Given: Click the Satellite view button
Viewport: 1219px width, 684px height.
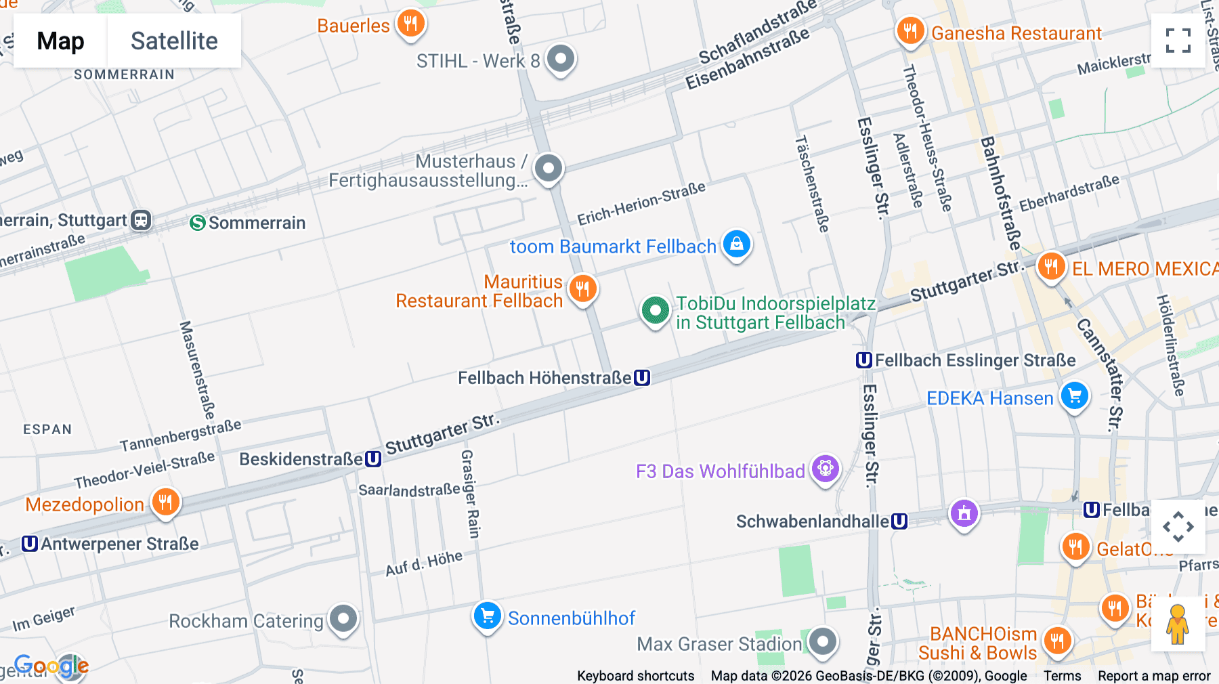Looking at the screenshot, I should [x=174, y=41].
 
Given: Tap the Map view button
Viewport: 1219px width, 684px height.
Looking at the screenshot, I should [x=60, y=41].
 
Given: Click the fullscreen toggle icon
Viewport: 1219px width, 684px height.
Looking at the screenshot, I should [x=1178, y=41].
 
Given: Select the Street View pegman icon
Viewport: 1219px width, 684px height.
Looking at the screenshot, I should [x=1178, y=624].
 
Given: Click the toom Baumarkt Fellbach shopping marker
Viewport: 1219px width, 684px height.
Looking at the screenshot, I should [x=737, y=244].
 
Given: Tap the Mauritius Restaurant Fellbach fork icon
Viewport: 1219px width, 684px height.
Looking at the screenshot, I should [x=582, y=289].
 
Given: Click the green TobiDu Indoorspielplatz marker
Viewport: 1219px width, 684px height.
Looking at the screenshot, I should [x=655, y=311].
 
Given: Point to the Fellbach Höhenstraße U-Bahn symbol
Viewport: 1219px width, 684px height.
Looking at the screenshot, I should [x=642, y=378].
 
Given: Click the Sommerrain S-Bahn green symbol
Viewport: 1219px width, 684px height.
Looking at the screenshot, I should [x=197, y=223].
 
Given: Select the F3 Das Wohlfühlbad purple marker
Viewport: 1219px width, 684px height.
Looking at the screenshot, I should [x=825, y=469].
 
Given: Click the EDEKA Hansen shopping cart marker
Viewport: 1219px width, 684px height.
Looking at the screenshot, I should [x=1075, y=396].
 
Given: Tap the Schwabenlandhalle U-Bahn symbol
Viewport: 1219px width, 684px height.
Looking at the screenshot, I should [x=899, y=521].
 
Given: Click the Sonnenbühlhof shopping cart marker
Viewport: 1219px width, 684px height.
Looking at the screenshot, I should [x=487, y=616].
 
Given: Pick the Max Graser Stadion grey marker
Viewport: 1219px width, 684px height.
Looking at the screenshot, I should [x=822, y=641].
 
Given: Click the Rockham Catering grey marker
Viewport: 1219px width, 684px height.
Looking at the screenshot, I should [x=343, y=618].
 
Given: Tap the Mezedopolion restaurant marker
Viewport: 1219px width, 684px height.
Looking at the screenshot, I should [x=165, y=503].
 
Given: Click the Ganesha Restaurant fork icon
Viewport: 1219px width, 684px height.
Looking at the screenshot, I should [x=910, y=31].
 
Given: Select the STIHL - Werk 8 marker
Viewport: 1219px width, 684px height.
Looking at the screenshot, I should [x=560, y=59].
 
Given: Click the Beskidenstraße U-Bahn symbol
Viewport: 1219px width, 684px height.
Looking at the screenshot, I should [x=373, y=459].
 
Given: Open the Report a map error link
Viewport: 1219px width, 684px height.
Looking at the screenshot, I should [x=1154, y=676].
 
